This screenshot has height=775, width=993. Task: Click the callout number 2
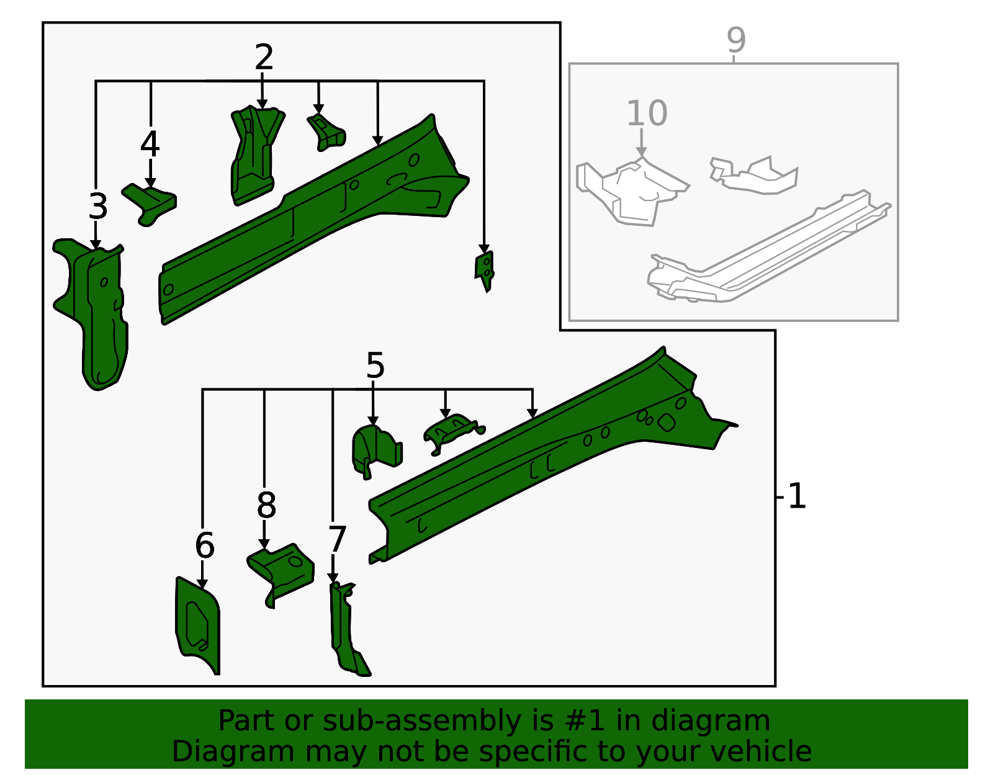264,58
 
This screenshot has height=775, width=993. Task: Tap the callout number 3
98,207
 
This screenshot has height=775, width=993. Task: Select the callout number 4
150,145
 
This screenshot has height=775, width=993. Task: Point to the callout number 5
375,366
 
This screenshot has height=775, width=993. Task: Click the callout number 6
204,546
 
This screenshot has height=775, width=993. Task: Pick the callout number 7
336,539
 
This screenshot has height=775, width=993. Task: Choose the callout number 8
266,506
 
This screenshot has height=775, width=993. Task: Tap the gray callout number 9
736,40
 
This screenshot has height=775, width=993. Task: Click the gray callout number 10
647,114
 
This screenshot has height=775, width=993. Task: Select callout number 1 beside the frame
797,497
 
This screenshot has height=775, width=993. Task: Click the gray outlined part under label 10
633,189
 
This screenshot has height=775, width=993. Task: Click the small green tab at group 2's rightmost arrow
485,269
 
